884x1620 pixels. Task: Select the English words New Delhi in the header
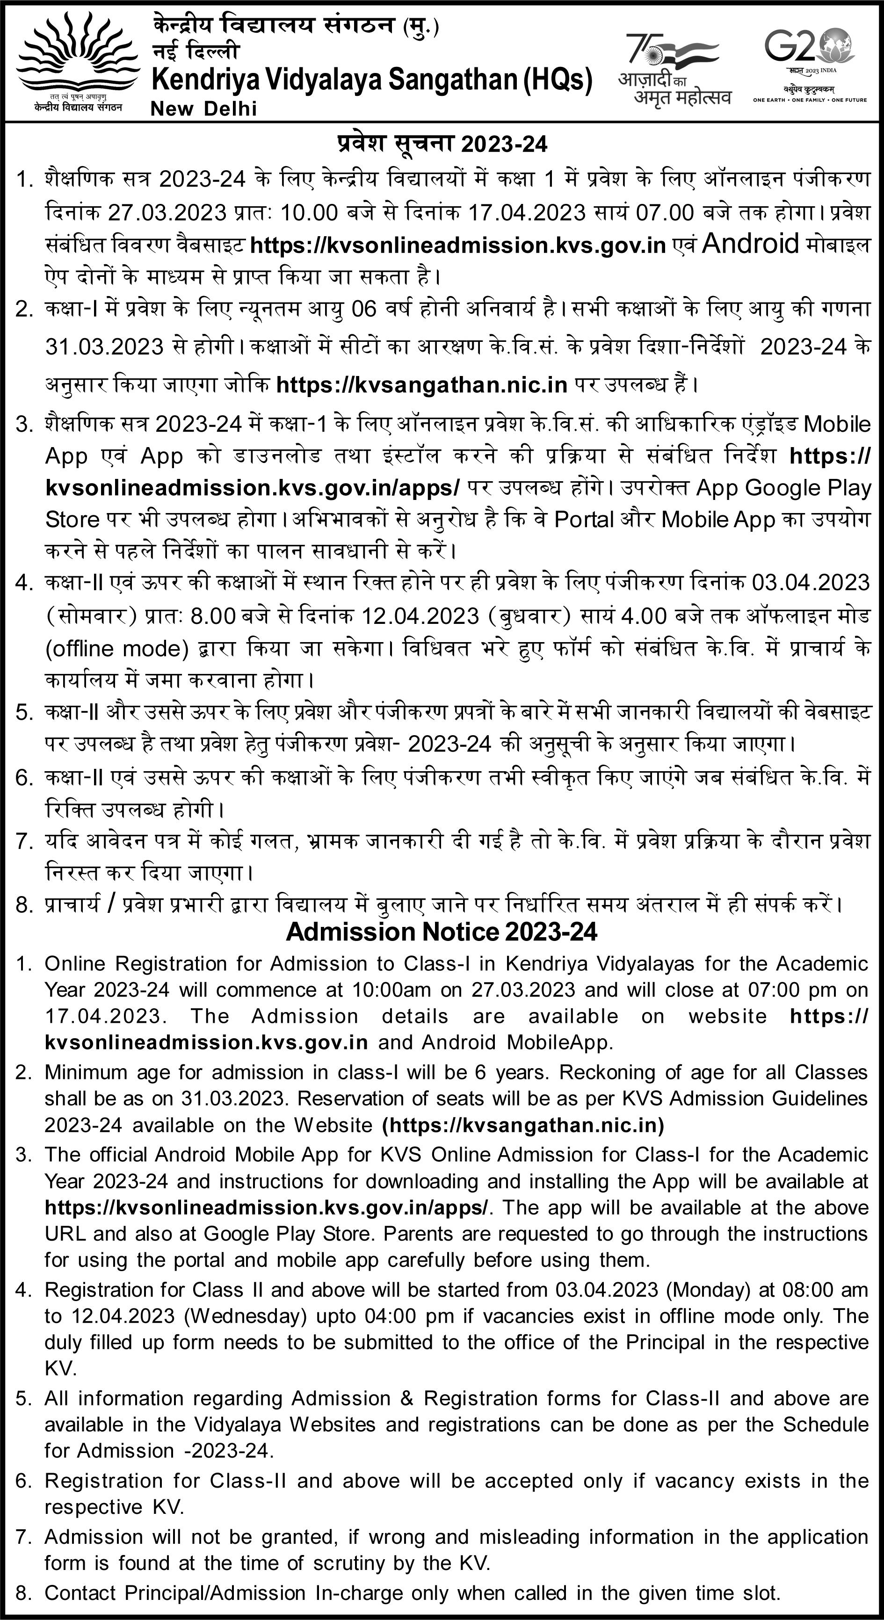pos(204,109)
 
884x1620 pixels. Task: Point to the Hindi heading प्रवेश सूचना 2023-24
pos(442,144)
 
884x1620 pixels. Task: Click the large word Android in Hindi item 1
pos(749,243)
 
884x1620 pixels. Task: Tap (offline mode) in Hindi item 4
pos(117,648)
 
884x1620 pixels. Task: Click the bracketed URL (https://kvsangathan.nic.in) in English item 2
pos(523,1124)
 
